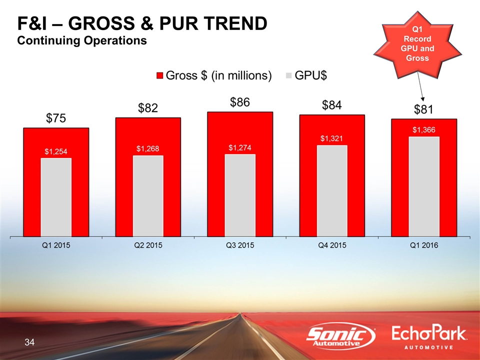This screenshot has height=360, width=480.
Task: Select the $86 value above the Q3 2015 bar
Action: pos(240,102)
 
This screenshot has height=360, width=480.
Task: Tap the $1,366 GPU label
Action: pos(424,129)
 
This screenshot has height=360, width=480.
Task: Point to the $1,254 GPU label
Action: pos(56,151)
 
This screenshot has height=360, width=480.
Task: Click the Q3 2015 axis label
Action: pos(240,246)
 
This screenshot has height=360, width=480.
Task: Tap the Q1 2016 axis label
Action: pos(424,246)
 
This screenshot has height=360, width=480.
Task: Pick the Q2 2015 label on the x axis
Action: pos(148,246)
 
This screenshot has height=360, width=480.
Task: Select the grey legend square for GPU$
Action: pos(288,75)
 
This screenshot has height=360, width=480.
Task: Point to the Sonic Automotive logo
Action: pos(341,336)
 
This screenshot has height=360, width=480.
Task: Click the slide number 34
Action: pos(29,342)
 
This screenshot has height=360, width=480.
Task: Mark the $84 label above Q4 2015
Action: pos(332,105)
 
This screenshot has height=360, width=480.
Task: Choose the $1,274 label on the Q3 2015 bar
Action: pos(240,147)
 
